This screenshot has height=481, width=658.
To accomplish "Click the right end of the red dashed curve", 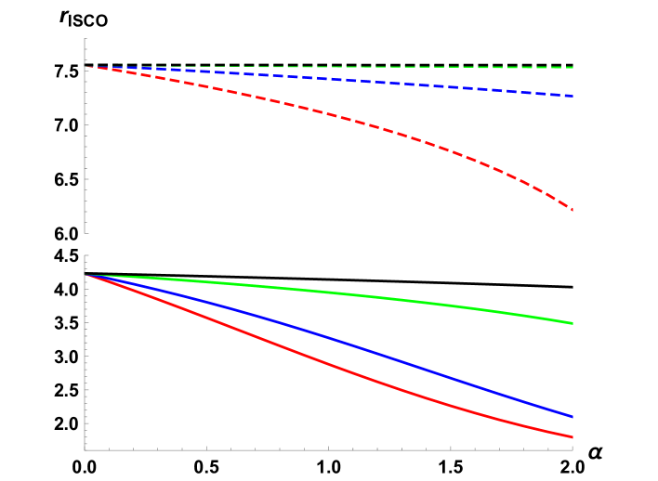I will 572,209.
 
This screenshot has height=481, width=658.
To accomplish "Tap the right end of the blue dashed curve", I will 572,96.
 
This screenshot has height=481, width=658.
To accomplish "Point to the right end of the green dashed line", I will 572,68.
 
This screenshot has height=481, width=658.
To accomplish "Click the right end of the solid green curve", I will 572,323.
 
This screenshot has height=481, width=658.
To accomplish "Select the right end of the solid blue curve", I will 572,417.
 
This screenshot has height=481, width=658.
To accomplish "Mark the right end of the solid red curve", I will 572,437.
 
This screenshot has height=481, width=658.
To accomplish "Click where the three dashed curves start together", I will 86,67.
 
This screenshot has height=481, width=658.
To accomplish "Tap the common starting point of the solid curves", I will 86,276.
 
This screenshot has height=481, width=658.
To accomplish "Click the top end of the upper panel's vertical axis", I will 86,39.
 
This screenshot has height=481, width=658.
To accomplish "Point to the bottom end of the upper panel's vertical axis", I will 86,233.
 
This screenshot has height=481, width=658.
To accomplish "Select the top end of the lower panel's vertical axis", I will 86,256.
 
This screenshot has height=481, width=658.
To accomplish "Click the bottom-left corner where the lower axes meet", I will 86,450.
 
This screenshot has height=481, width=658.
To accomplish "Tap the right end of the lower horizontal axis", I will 572,450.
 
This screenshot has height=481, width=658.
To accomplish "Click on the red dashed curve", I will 372,125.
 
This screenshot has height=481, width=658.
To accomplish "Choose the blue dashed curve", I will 372,82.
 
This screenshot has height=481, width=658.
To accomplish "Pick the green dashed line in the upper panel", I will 372,67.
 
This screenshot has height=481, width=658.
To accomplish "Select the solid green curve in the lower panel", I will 372,296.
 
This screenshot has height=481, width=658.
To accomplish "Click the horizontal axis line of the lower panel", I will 325,450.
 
